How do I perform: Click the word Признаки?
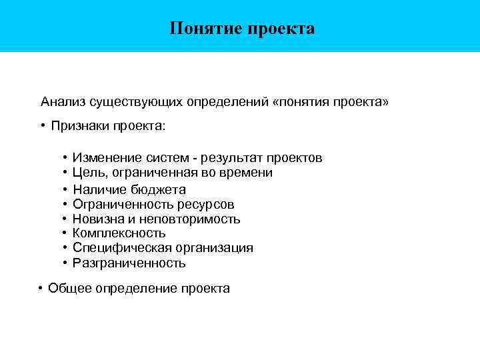(79, 126)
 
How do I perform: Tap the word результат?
(231, 158)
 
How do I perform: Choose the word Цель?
(87, 173)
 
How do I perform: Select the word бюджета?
(159, 189)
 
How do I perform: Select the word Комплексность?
(119, 233)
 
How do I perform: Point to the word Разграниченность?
(129, 263)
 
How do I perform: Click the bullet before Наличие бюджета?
(65, 189)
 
